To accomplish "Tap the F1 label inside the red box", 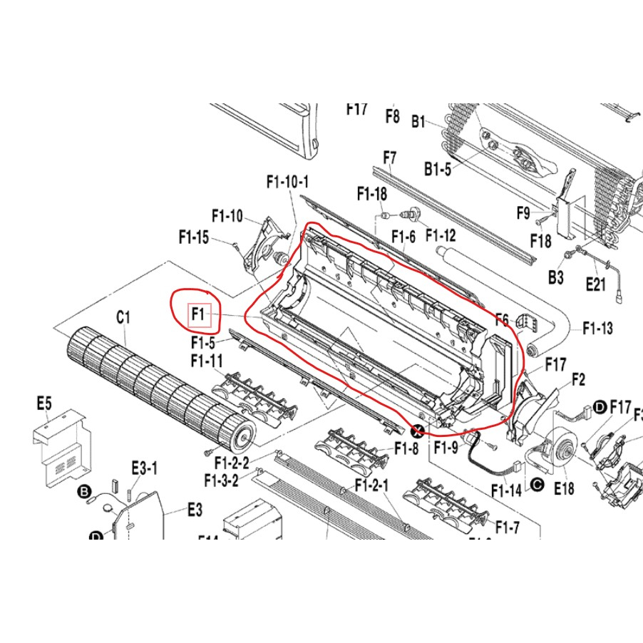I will click(x=198, y=314).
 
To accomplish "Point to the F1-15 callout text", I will click(x=194, y=237).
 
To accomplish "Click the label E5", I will click(x=44, y=404).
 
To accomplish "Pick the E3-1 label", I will click(x=144, y=468).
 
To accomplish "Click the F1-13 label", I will click(x=597, y=329).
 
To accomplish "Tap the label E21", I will click(x=595, y=284).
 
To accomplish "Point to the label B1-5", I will click(x=438, y=169).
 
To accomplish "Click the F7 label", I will click(x=389, y=156).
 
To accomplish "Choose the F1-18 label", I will click(x=372, y=194).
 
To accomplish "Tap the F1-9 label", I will click(x=446, y=448).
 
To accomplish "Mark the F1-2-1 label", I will click(x=371, y=485).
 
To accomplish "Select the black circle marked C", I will click(x=537, y=486).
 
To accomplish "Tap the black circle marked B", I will click(x=83, y=492).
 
